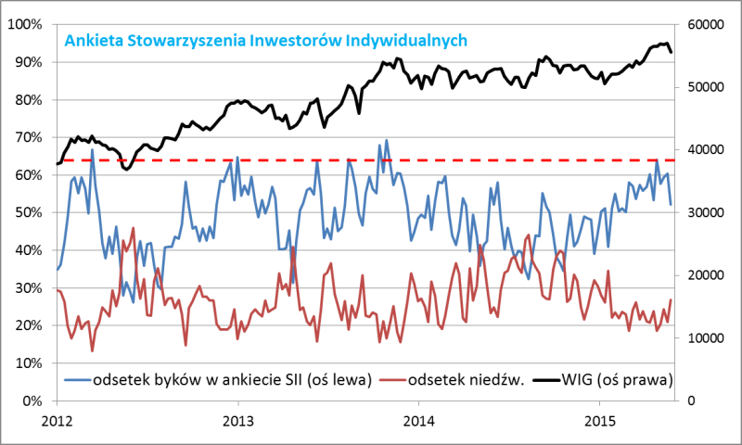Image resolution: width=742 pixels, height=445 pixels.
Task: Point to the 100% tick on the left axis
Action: pos(31,24)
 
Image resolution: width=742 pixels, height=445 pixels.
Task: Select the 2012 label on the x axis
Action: pos(58,419)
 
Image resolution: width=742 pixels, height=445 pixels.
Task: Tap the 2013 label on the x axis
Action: pos(238,419)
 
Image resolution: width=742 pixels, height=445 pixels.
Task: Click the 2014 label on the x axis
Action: pos(419,419)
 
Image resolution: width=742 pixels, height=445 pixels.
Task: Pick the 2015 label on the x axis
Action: pos(600,419)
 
